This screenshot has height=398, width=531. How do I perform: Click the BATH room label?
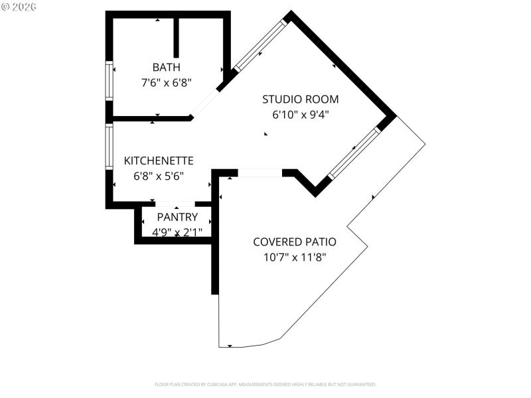coord(166,67)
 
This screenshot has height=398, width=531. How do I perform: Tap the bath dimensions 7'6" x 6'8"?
coord(166,83)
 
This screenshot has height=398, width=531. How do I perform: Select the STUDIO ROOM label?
coord(300,99)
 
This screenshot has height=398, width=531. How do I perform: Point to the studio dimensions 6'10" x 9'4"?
coord(300,114)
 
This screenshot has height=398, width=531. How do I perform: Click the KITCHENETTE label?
coord(159,161)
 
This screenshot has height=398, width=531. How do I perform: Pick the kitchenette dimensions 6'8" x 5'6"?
coord(159,176)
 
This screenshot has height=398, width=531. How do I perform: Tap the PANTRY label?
coord(177,217)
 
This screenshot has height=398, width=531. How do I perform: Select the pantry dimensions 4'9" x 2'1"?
coord(177,232)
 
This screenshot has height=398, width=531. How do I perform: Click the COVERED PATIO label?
coord(294,242)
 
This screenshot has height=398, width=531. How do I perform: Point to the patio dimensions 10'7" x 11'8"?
coord(294,257)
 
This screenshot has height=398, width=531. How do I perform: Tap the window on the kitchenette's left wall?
coord(110,147)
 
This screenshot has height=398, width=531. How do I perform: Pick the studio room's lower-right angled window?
coord(354,153)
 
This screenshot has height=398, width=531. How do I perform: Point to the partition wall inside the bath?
coord(176,37)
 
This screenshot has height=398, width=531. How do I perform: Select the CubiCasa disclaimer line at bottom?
coord(265,384)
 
